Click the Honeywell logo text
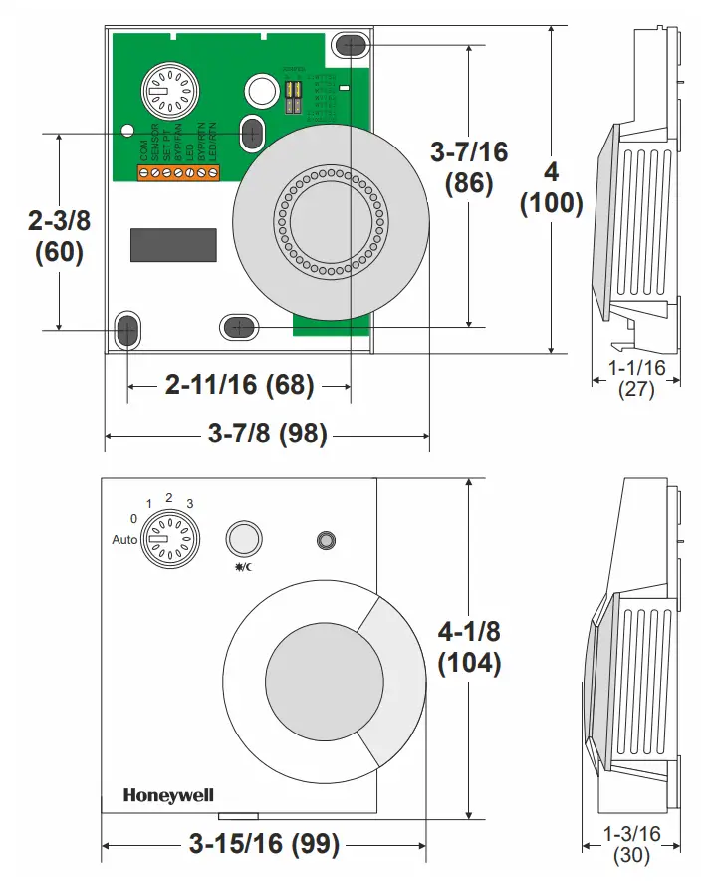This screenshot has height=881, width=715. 168,795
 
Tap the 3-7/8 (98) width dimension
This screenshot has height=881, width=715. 267,435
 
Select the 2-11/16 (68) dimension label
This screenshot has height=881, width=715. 239,384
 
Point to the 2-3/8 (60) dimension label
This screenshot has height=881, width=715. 59,236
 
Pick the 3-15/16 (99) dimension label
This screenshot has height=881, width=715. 264,845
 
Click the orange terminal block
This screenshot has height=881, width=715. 178,173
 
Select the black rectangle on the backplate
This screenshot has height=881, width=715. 173,245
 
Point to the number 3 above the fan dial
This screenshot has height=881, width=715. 189,503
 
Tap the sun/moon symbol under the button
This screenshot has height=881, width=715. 243,568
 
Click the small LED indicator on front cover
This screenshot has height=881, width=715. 325,540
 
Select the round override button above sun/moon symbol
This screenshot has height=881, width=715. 243,538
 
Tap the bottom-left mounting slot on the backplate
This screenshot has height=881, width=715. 127,330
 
